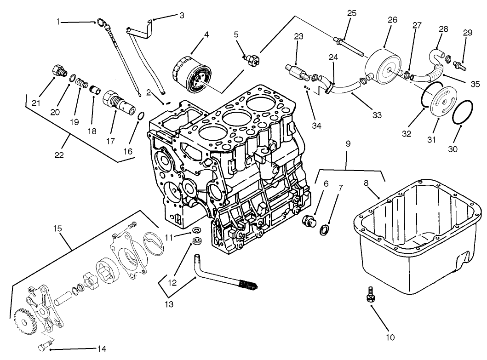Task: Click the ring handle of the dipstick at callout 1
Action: pyautogui.click(x=100, y=22)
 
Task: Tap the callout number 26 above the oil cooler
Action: pyautogui.click(x=392, y=21)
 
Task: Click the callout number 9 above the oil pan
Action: pyautogui.click(x=348, y=143)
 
